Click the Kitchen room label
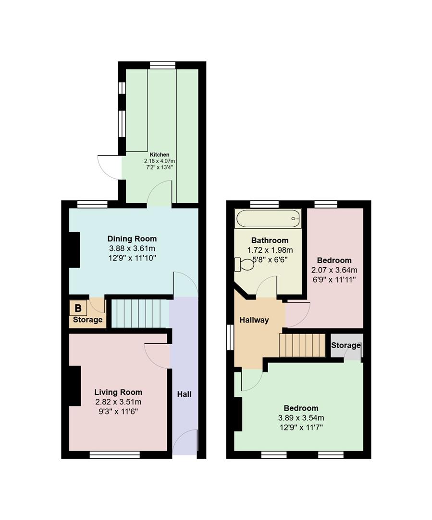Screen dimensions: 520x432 point(159,155)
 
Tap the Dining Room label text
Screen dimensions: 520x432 point(132,239)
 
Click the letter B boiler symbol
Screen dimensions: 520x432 point(78,308)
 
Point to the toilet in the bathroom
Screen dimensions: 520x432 point(245,264)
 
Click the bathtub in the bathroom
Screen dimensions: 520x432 point(268,220)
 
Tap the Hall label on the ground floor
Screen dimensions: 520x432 point(185,394)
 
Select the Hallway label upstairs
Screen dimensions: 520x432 point(254,320)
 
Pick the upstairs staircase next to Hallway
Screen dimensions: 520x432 point(302,345)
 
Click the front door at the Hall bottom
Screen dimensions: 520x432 point(185,442)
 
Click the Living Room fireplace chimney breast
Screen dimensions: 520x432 point(74,386)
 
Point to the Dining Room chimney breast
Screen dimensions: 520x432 point(74,250)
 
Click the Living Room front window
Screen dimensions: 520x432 point(114,455)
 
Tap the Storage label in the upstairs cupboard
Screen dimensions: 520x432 point(346,345)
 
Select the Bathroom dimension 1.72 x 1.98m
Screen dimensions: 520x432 point(270,250)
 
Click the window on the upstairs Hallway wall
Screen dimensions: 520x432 point(230,336)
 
